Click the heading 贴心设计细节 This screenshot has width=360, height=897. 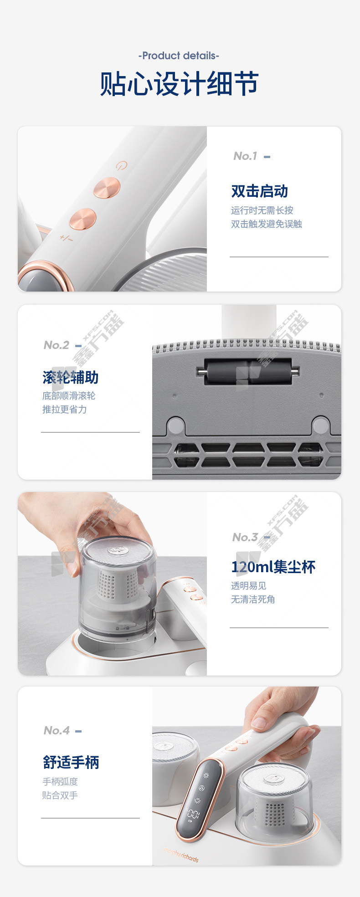click(x=179, y=84)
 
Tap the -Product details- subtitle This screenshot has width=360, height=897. click(x=179, y=56)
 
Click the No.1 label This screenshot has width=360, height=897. click(x=245, y=156)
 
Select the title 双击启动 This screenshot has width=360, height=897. click(x=259, y=191)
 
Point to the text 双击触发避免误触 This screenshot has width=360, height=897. click(x=266, y=224)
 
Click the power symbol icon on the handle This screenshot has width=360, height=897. click(x=122, y=165)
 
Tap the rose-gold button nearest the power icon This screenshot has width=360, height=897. click(x=107, y=188)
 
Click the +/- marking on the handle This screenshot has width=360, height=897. click(x=66, y=238)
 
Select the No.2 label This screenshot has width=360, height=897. click(x=57, y=345)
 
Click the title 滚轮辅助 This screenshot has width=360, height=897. click(x=71, y=377)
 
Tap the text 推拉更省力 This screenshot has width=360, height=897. click(x=64, y=410)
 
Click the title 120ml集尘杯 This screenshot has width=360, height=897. click(x=273, y=567)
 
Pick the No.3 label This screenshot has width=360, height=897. click(x=245, y=537)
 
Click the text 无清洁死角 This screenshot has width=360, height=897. click(x=253, y=599)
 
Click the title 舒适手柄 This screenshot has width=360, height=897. click(x=71, y=762)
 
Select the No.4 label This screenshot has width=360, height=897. click(x=57, y=731)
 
